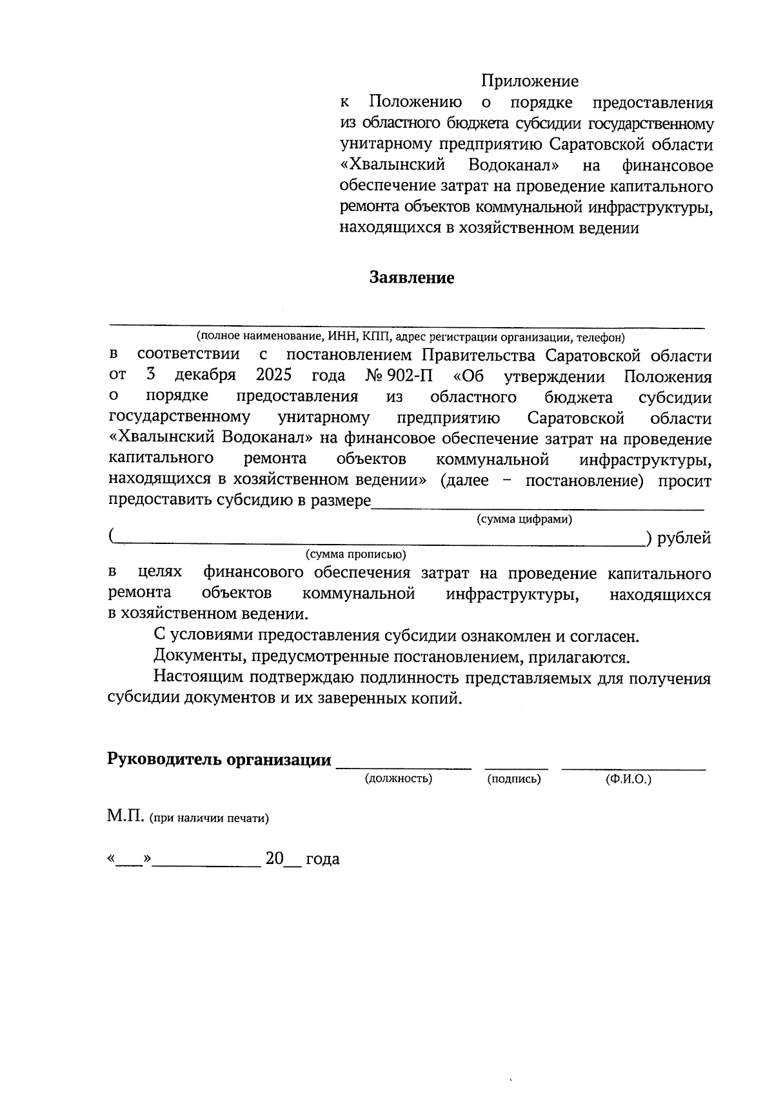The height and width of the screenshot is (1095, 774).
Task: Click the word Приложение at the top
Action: pos(530,81)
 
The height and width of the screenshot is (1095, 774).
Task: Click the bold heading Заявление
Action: pos(412,278)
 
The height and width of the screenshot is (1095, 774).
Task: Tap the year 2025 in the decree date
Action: pos(273,376)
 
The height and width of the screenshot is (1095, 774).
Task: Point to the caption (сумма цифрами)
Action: pos(524,519)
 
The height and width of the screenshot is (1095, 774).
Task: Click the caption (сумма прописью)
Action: pos(355,554)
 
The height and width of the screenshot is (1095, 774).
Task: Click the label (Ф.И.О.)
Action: pos(628,779)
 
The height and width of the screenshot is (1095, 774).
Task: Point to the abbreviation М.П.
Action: pos(126,817)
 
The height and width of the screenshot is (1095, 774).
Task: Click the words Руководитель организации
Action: pos(219,759)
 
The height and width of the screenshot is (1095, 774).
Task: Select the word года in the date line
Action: pos(322,859)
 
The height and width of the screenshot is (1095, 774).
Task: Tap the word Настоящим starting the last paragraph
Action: pos(190,678)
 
